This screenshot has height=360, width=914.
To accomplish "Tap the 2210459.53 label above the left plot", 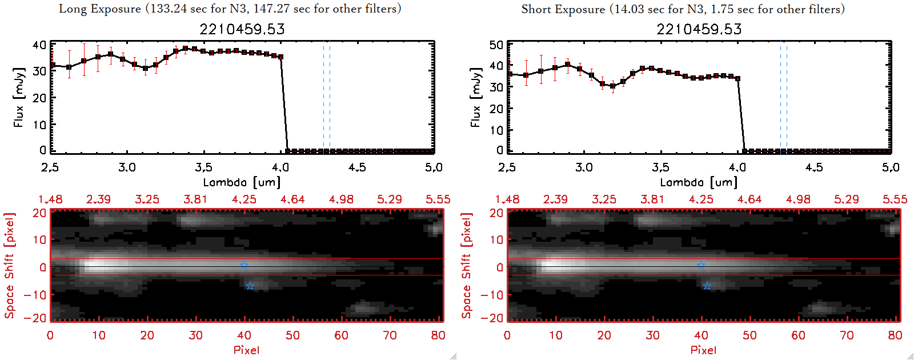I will [x=242, y=29].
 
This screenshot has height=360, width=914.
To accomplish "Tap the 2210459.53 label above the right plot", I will [x=699, y=29].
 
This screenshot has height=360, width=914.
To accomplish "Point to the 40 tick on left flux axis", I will [x=39, y=45].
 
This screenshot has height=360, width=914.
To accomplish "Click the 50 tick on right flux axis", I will [x=496, y=45].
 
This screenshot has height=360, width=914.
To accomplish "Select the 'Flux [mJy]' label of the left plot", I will [x=19, y=97].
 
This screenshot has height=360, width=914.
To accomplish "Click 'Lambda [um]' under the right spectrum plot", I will [x=699, y=182].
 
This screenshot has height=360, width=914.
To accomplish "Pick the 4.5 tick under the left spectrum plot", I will [x=357, y=167].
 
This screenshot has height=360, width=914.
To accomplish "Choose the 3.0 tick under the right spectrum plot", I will [x=584, y=167].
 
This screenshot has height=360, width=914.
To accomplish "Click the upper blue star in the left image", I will [x=244, y=265].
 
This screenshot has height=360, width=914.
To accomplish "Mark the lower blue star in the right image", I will [x=707, y=286].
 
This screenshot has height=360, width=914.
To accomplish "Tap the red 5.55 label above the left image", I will [x=438, y=199].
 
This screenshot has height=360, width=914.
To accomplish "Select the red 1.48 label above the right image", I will [x=507, y=199].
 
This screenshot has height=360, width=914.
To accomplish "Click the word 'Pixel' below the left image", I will [x=246, y=350].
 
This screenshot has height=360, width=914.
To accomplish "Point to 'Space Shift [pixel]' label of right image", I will [x=467, y=265].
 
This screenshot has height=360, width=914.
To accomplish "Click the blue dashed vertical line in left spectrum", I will [x=323, y=97].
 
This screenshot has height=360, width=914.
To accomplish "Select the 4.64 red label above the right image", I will [x=749, y=199].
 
